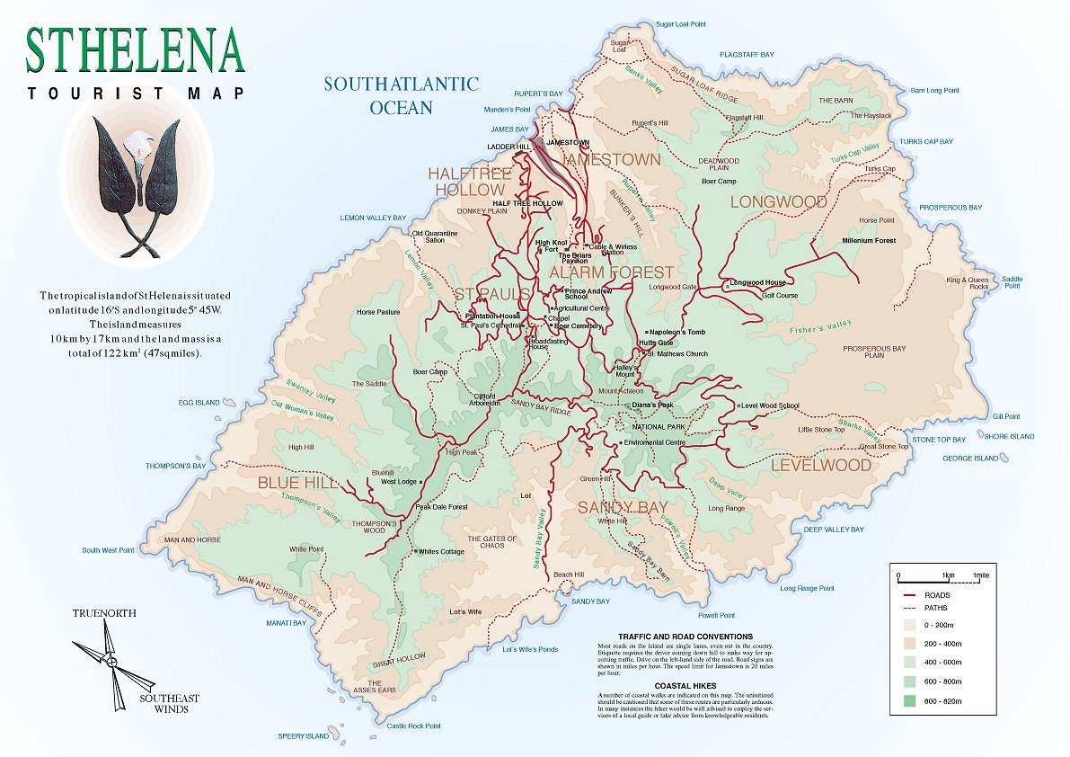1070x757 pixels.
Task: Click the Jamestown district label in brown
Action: (612, 160)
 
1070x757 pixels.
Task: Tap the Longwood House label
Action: (757, 282)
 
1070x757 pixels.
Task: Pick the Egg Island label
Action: (199, 403)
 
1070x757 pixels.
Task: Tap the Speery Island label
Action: (304, 736)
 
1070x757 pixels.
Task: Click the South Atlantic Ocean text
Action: (402, 95)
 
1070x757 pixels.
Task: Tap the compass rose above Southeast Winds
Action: (112, 663)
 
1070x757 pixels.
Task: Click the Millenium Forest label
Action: (869, 241)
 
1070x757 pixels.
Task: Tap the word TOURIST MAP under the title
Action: (135, 93)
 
